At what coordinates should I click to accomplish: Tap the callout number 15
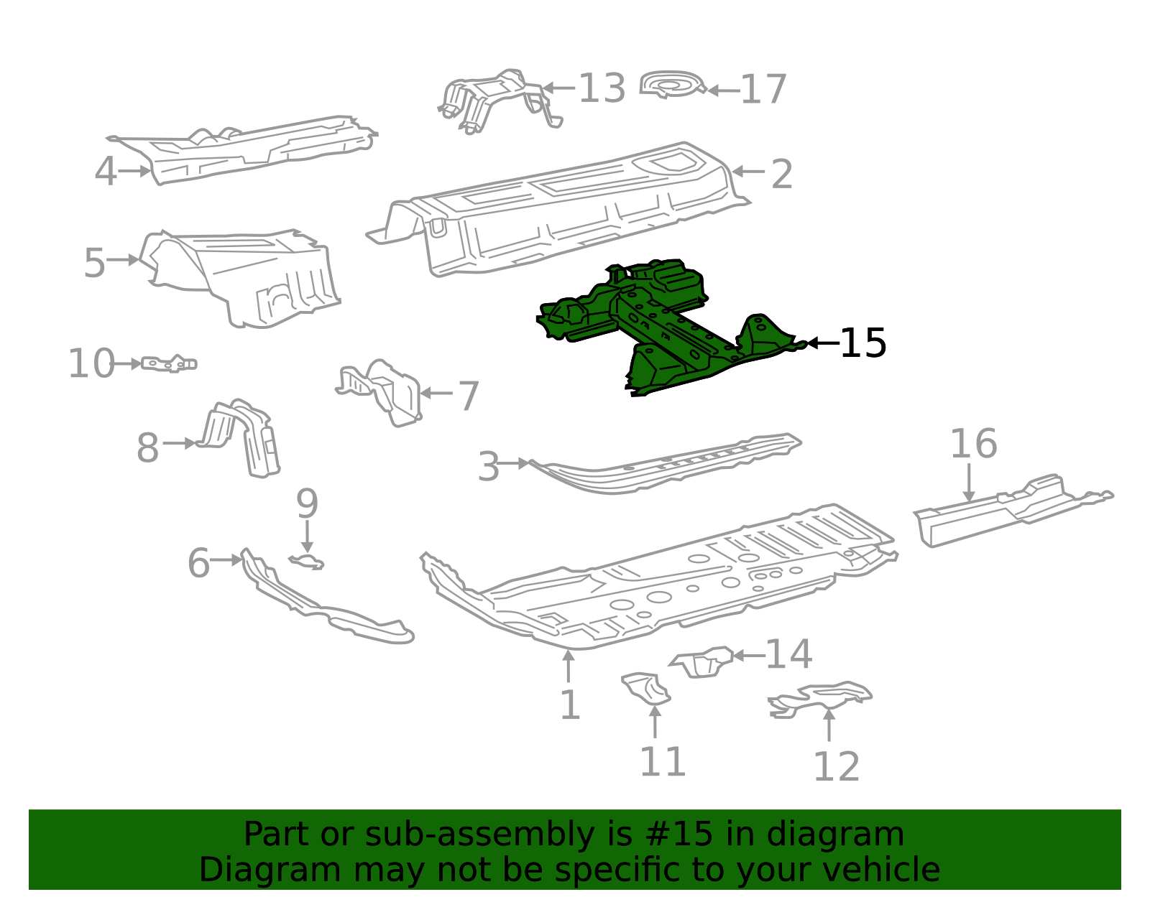pos(863,343)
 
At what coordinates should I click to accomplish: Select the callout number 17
pos(763,90)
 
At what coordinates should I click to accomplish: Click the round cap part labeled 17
pos(672,85)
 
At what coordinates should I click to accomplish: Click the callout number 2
pos(781,174)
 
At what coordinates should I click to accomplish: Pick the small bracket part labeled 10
pos(170,364)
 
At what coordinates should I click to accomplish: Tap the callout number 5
pos(94,263)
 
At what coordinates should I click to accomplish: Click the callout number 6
pos(198,563)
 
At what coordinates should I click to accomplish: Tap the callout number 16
pos(973,444)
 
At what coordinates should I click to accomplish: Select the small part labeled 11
pos(647,689)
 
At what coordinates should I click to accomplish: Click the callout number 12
pos(836,767)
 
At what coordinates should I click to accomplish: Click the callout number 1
pos(569,705)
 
